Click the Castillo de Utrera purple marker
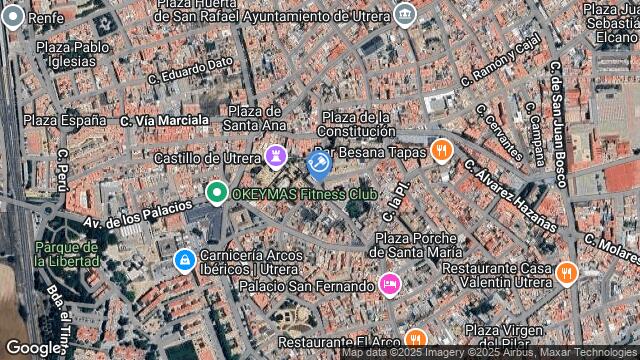(275, 156)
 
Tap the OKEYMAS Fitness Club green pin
(216, 192)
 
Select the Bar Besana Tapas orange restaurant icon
(443, 152)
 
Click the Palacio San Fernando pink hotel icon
(390, 285)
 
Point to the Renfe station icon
(13, 17)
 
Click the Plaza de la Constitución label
(357, 124)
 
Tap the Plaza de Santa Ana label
(255, 118)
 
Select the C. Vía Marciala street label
(165, 120)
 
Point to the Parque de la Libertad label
(66, 254)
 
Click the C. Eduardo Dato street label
(190, 69)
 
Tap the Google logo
(33, 347)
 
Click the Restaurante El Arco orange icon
(414, 340)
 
